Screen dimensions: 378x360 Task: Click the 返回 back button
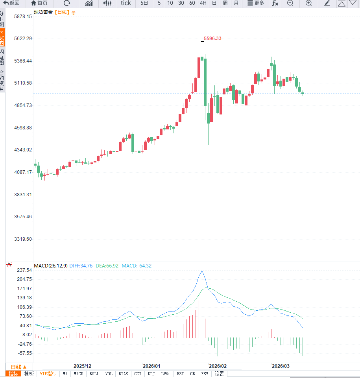tap(11, 3)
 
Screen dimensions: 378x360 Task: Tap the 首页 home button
tap(39, 3)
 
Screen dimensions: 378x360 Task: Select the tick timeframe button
tap(126, 3)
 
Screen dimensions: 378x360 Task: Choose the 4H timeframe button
tap(203, 3)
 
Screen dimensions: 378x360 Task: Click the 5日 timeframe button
tap(144, 3)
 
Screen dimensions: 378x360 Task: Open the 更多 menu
tap(256, 3)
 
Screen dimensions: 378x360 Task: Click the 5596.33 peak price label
tap(212, 39)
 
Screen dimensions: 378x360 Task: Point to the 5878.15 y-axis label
tap(22, 17)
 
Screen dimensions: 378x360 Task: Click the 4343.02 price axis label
tap(22, 150)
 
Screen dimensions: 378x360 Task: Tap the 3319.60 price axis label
tap(22, 239)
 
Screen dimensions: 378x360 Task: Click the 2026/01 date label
tap(151, 366)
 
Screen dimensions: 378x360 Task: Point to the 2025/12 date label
tap(83, 366)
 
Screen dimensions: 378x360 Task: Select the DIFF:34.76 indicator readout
tap(81, 266)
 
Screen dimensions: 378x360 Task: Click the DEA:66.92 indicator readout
tap(107, 266)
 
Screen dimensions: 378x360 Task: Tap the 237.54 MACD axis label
tap(24, 271)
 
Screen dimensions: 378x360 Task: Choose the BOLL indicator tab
tap(94, 374)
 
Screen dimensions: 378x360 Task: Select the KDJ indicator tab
tap(151, 374)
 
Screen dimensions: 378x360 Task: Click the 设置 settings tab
tap(219, 374)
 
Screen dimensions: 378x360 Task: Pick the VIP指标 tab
tap(48, 374)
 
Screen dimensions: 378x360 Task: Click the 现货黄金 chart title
tap(43, 12)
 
